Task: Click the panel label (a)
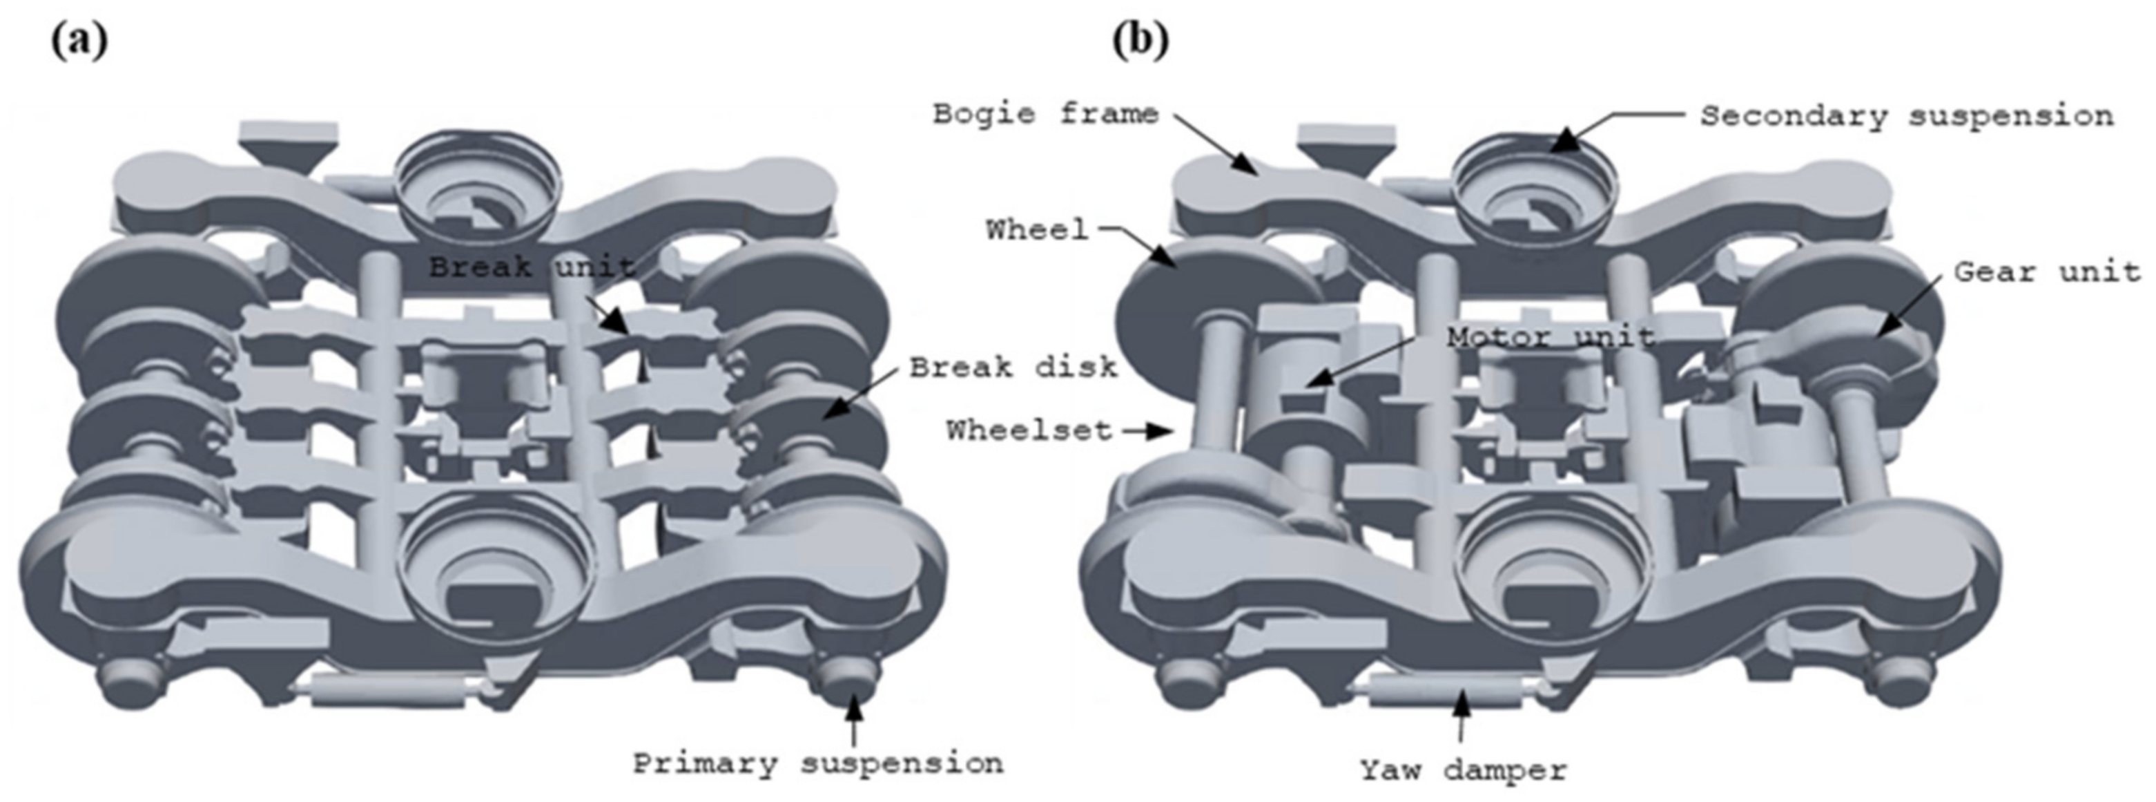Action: coord(79,40)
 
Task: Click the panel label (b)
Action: coord(1140,40)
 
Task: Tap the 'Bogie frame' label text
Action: coord(1045,113)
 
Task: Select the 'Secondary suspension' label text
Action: coord(1906,115)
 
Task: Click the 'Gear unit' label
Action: coord(2046,272)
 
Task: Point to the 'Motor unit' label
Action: coord(1550,337)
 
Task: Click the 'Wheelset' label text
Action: coord(1029,430)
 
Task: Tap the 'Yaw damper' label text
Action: coord(1461,769)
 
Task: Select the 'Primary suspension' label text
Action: coord(817,763)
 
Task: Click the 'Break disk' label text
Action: coord(1013,367)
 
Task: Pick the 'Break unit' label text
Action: coord(532,268)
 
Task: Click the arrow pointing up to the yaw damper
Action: coord(1461,718)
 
